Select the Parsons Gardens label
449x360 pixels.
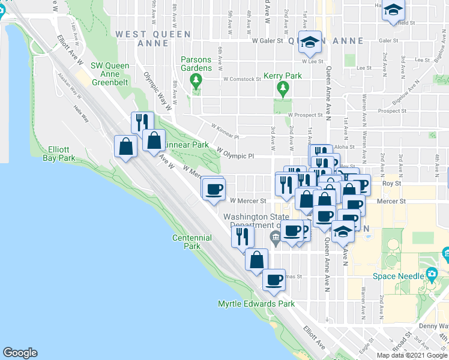click(196, 64)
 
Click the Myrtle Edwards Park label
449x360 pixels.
click(256, 304)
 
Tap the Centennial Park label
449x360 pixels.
click(192, 242)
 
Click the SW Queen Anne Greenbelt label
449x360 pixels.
click(118, 71)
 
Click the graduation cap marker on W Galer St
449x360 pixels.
click(310, 42)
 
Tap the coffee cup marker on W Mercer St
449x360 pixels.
click(213, 190)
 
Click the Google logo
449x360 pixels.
click(20, 353)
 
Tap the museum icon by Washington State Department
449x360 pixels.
click(276, 239)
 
